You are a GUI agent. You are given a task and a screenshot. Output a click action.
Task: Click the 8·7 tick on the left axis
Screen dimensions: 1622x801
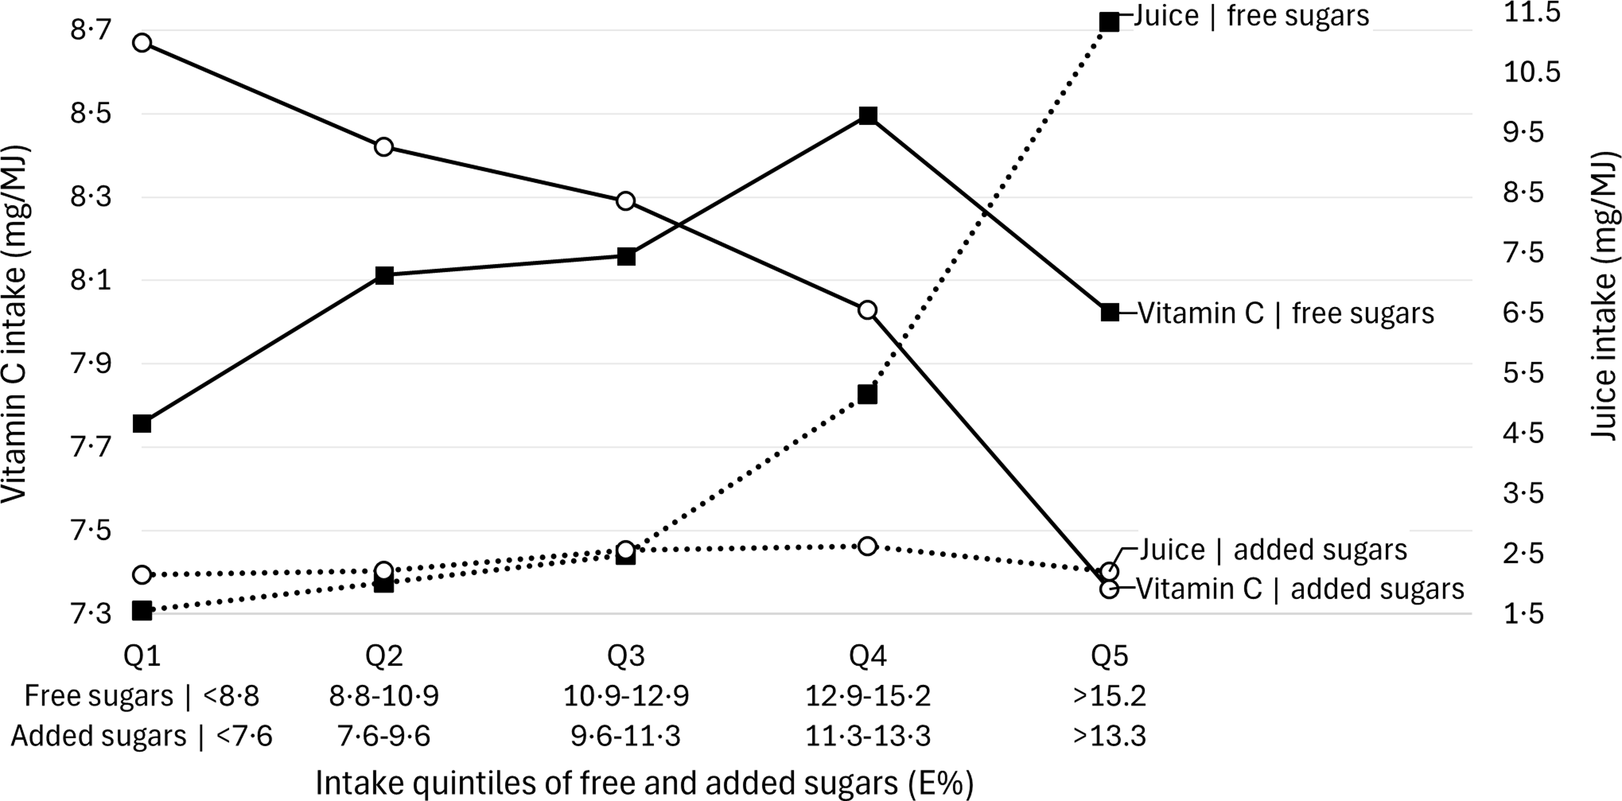(91, 29)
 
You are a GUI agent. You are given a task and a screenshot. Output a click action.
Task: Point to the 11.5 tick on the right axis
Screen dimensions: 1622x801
(1532, 13)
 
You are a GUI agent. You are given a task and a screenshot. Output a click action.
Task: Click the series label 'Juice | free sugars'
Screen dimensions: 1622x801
(1252, 16)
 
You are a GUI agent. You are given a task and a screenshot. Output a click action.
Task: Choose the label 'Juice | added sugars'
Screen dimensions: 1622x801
(1273, 549)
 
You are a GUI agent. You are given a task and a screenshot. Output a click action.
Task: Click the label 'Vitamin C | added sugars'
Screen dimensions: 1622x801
(1301, 589)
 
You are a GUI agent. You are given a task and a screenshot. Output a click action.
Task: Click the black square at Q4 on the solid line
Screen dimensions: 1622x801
(868, 116)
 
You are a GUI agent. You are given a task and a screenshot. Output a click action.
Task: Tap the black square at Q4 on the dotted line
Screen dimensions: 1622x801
(868, 394)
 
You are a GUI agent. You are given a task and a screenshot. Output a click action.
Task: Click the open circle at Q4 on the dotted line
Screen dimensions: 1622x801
(868, 546)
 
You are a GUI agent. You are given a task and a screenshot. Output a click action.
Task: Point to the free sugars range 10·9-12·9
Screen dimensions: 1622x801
(626, 696)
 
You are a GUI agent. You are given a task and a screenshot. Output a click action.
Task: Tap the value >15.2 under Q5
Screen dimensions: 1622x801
(1110, 696)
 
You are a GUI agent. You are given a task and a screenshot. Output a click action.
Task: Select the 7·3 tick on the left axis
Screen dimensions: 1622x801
(91, 613)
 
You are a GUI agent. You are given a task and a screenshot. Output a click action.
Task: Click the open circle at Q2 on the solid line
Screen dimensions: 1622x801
(384, 147)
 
